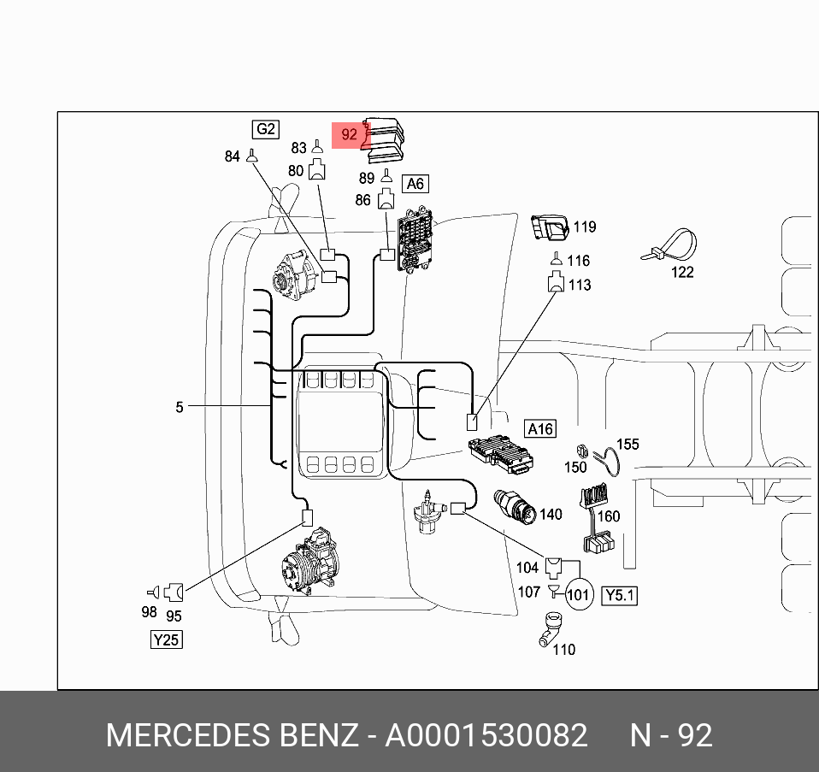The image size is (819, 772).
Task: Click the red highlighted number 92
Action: pyautogui.click(x=349, y=134)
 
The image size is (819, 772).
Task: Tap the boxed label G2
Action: pyautogui.click(x=266, y=129)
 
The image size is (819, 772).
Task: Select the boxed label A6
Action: pyautogui.click(x=415, y=184)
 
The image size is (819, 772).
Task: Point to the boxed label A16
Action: pyautogui.click(x=540, y=429)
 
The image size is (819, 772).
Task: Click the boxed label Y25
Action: pyautogui.click(x=166, y=639)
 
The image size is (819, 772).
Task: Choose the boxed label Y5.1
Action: pyautogui.click(x=620, y=595)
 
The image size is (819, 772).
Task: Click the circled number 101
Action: pyautogui.click(x=579, y=593)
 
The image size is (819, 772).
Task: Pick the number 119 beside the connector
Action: pyautogui.click(x=584, y=227)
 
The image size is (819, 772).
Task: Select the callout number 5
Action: pyautogui.click(x=180, y=407)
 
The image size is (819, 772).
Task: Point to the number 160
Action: pyautogui.click(x=608, y=516)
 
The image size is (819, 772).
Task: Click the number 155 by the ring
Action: pyautogui.click(x=628, y=445)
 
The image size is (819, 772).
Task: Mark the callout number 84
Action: pyautogui.click(x=232, y=157)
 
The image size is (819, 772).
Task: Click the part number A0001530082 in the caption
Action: pyautogui.click(x=486, y=735)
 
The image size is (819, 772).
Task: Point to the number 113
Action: pyautogui.click(x=580, y=285)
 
